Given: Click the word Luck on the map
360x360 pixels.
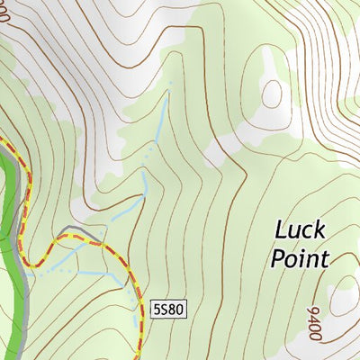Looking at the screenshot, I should click(300, 229).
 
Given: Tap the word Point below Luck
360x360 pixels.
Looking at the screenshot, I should click(300, 258).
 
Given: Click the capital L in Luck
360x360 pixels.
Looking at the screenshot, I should click(281, 229).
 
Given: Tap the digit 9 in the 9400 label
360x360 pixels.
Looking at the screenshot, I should click(313, 337).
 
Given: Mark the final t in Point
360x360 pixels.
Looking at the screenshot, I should click(325, 258).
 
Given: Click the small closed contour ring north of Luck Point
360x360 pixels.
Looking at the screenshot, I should click(272, 93).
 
